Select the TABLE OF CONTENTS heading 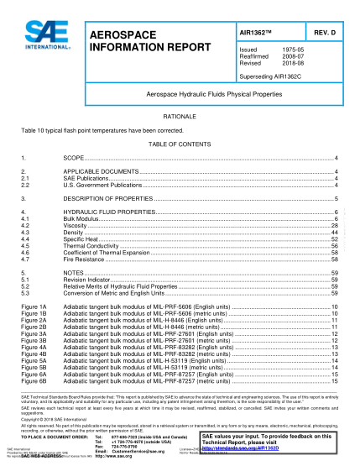pos(180,144)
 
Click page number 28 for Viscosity pos(335,226)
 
